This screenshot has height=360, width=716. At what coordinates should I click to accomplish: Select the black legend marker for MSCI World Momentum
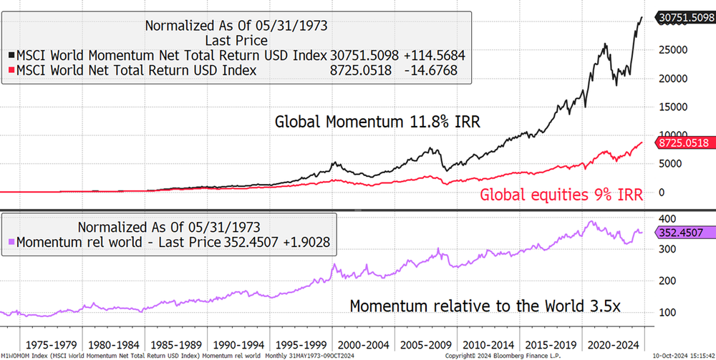(x=10, y=55)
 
